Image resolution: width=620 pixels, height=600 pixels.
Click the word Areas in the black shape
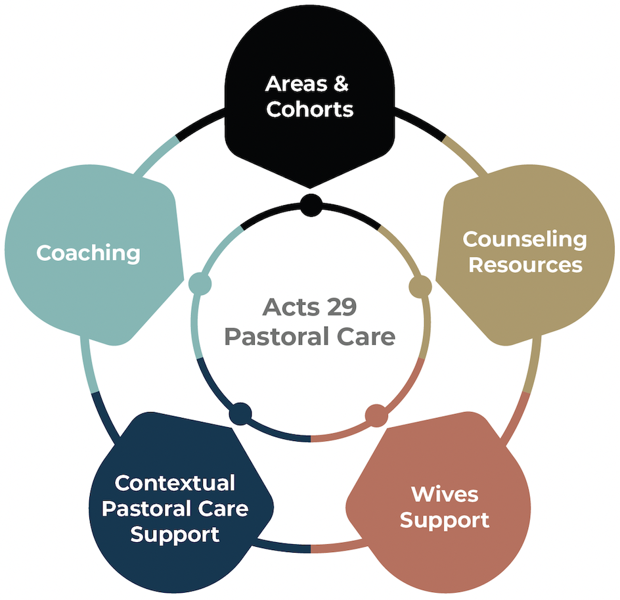(x=297, y=84)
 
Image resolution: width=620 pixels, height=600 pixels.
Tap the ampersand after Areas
(x=341, y=84)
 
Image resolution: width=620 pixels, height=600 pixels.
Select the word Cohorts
(x=309, y=109)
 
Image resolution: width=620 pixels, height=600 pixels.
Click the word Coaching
(x=88, y=253)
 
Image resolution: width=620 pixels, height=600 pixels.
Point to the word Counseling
(x=525, y=240)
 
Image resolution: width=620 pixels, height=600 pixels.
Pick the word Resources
(x=525, y=265)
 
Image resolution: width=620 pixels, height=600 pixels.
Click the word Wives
(x=445, y=494)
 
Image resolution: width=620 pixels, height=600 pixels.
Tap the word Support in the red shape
(x=445, y=520)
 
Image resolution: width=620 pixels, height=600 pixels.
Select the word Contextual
(x=175, y=483)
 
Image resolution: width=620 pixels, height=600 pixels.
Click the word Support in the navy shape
(x=175, y=535)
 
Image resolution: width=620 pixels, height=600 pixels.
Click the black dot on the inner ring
(x=311, y=205)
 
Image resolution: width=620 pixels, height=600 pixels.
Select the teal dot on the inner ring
(x=200, y=284)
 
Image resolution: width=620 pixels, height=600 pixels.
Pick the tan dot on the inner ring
(x=420, y=287)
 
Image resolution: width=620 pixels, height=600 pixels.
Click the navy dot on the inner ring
(x=240, y=414)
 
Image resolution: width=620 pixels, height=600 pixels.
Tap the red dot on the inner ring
(x=376, y=416)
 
